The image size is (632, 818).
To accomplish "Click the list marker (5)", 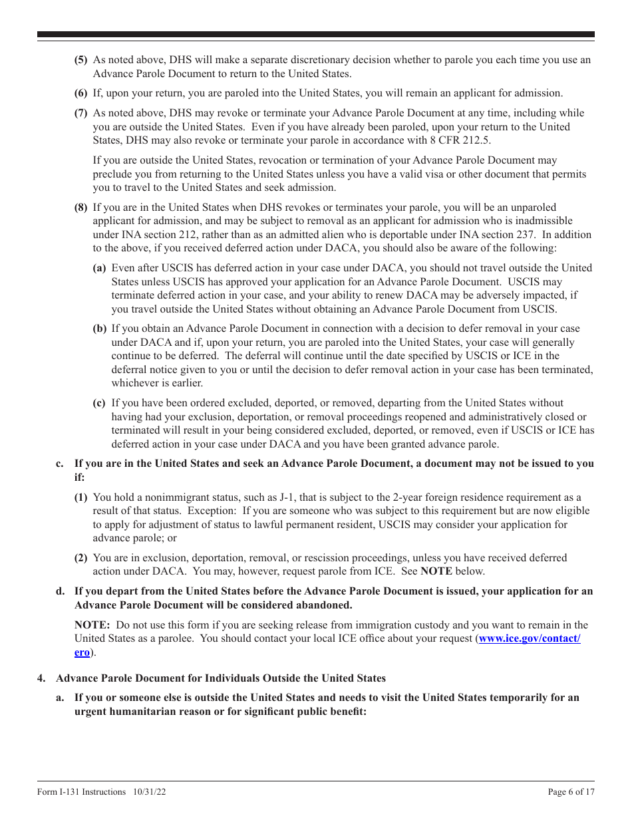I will (80, 60).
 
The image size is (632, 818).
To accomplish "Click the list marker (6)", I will (80, 93).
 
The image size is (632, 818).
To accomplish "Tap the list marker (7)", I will (80, 113).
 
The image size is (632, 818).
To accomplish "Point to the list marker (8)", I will (80, 207).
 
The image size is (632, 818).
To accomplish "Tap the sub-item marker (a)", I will (99, 268).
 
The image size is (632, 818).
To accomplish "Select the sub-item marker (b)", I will (99, 329).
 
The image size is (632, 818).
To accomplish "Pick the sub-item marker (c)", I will (99, 403).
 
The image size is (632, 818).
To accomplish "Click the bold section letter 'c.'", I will (60, 464).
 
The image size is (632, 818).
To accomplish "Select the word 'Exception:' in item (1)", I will (211, 511).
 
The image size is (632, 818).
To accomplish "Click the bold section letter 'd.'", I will (61, 591).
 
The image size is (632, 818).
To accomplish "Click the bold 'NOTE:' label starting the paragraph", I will (92, 625).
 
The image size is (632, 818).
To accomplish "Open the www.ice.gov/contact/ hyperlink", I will (530, 639).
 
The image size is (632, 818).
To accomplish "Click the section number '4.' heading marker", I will (42, 678).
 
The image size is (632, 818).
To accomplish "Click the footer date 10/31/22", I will (148, 792).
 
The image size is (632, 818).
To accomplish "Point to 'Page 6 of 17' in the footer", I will (571, 792).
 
